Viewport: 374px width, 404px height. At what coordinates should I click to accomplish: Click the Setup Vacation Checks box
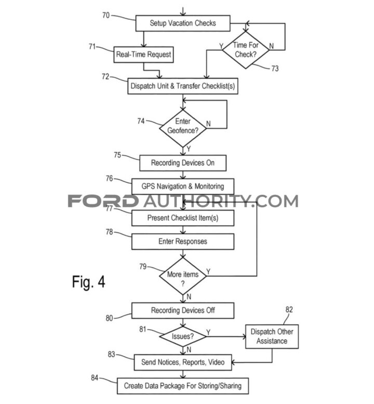tap(183, 23)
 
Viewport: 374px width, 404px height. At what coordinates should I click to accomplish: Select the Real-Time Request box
tap(143, 55)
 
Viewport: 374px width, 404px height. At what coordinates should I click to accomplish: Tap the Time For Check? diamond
tap(246, 50)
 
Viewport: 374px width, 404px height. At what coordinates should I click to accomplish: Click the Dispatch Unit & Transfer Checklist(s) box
tap(183, 86)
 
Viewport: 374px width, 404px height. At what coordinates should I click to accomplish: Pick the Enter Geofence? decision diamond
tap(183, 128)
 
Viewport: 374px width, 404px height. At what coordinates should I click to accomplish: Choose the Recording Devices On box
tap(183, 163)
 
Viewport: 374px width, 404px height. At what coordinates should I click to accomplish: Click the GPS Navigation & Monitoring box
tap(183, 186)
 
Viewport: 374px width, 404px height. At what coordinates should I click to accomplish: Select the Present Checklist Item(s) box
tap(183, 218)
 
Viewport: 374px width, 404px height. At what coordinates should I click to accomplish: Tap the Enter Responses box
tap(183, 241)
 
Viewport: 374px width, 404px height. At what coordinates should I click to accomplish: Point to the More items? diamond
tap(183, 276)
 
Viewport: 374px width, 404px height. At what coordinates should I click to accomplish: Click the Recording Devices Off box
tap(183, 311)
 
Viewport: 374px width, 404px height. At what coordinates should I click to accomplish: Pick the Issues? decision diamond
tap(183, 336)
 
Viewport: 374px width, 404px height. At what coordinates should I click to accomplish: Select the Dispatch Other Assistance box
tap(272, 336)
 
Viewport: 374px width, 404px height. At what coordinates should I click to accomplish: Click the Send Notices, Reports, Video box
tap(183, 362)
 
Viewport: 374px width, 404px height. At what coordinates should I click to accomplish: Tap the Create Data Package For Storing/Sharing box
tap(183, 386)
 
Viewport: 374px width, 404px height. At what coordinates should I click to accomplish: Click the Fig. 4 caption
tap(88, 282)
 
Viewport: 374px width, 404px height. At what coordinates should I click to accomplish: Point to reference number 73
tap(275, 68)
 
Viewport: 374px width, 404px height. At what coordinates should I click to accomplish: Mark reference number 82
tap(289, 309)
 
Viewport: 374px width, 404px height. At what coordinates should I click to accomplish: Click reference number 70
tap(106, 16)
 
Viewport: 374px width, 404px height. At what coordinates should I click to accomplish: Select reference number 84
tap(95, 378)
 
